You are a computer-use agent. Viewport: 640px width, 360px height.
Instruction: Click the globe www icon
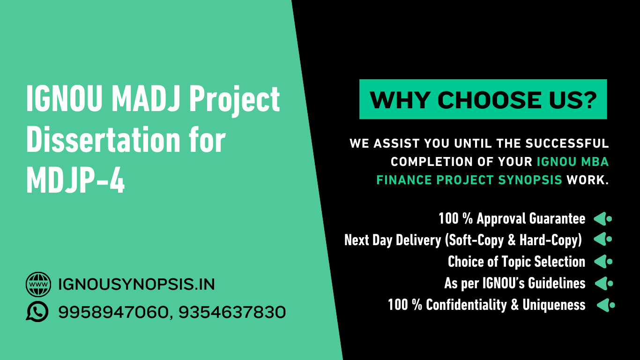pyautogui.click(x=38, y=284)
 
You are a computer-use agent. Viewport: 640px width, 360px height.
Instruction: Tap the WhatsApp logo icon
pyautogui.click(x=37, y=312)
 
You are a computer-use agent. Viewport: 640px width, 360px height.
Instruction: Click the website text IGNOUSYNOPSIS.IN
pyautogui.click(x=136, y=284)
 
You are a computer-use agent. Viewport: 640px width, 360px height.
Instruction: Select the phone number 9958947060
pyautogui.click(x=113, y=312)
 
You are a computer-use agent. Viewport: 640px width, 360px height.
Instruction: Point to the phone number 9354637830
pyautogui.click(x=232, y=312)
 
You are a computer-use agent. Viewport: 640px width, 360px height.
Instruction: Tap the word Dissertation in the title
pyautogui.click(x=103, y=140)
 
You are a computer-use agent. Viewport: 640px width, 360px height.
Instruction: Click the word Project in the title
pyautogui.click(x=234, y=101)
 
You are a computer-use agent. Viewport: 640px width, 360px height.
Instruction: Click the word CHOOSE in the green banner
pyautogui.click(x=489, y=100)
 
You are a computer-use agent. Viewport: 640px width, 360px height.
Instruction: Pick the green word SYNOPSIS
pyautogui.click(x=530, y=180)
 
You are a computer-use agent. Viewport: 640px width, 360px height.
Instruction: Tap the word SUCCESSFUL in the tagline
pyautogui.click(x=567, y=143)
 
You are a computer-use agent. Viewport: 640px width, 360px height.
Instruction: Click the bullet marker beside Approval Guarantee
pyautogui.click(x=603, y=219)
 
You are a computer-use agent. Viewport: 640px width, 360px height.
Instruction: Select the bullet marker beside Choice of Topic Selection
pyautogui.click(x=603, y=262)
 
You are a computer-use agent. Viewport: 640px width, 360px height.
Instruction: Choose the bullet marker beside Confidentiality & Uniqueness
pyautogui.click(x=606, y=305)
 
